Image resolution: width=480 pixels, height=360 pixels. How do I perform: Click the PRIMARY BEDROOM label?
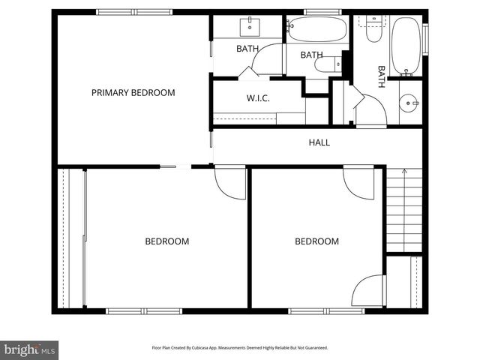pyautogui.click(x=133, y=93)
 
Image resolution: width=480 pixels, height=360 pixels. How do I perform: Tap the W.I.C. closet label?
pyautogui.click(x=258, y=98)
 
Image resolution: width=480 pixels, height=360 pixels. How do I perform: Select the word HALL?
pyautogui.click(x=319, y=142)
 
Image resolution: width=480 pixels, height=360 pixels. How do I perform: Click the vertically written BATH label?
pyautogui.click(x=381, y=76)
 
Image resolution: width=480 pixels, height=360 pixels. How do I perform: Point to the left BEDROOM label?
pyautogui.click(x=166, y=241)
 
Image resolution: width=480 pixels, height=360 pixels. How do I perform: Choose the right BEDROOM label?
pyautogui.click(x=316, y=241)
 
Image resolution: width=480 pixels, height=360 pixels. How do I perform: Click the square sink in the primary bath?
pyautogui.click(x=249, y=28)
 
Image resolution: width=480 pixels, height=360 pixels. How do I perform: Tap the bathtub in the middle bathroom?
pyautogui.click(x=316, y=29)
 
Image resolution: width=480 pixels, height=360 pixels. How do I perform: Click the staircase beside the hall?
pyautogui.click(x=403, y=210)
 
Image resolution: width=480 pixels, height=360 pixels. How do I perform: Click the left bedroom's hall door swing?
pyautogui.click(x=230, y=183)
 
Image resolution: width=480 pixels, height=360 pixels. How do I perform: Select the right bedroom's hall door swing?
pyautogui.click(x=358, y=183)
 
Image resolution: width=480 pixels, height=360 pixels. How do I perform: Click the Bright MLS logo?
pyautogui.click(x=30, y=349)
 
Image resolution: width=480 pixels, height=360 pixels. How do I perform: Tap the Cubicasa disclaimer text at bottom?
pyautogui.click(x=239, y=348)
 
